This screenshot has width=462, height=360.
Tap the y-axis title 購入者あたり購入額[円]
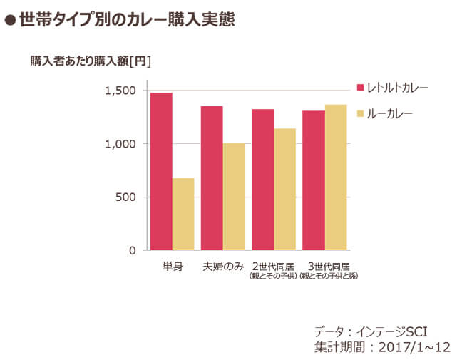[x=91, y=61]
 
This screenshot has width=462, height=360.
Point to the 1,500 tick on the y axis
[x=120, y=91]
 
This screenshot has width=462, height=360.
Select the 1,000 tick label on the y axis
[x=120, y=144]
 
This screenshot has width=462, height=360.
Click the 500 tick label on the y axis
[x=125, y=197]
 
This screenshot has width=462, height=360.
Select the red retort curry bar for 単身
[x=161, y=172]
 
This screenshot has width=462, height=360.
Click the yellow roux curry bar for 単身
[x=183, y=214]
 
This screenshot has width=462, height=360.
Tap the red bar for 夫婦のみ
[x=212, y=178]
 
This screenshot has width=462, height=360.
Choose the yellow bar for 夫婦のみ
[x=234, y=197]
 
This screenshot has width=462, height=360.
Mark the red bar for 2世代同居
[x=262, y=180]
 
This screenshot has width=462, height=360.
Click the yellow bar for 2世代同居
[x=285, y=190]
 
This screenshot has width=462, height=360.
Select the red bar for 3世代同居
[x=314, y=180]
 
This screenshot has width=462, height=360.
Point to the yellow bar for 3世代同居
[x=336, y=178]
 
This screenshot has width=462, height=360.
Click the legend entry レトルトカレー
[x=396, y=88]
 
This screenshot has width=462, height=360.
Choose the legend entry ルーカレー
[x=389, y=113]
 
